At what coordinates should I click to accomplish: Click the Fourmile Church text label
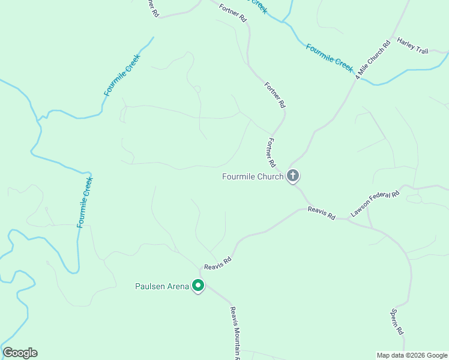tap(252, 176)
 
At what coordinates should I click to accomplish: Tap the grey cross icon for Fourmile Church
tap(293, 176)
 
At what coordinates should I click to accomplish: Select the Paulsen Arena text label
tap(161, 286)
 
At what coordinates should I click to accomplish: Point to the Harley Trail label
tap(412, 46)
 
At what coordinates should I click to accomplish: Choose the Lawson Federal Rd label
tap(375, 204)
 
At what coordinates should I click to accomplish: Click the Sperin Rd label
tap(397, 322)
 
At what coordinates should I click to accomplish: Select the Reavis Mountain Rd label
tap(235, 334)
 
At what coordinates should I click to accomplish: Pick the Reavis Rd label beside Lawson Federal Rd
tap(321, 212)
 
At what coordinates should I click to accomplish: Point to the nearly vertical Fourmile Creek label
tap(85, 202)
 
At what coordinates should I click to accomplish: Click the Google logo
tap(20, 353)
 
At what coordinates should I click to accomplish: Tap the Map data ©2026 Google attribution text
tap(412, 355)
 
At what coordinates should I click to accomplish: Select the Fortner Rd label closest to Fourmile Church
tap(271, 153)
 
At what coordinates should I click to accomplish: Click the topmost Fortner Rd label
tap(234, 11)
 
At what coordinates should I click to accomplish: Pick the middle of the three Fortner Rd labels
tap(274, 95)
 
